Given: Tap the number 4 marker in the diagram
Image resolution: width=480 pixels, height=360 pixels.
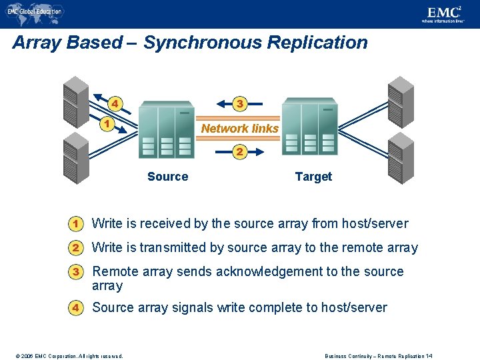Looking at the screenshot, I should coord(115,103).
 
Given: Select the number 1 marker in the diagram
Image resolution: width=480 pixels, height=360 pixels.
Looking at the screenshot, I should coord(105,123).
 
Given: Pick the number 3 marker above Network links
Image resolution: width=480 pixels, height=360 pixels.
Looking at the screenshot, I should coord(240,103).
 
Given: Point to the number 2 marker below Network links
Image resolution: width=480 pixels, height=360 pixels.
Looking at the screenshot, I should coord(239,152).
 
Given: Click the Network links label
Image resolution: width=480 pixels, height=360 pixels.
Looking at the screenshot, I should coord(239,129).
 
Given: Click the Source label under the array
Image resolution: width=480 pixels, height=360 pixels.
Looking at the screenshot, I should coord(167,177).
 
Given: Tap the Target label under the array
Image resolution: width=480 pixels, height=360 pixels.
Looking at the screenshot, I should coord(313,177).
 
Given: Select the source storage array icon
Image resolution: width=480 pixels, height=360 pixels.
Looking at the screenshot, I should coord(166,129).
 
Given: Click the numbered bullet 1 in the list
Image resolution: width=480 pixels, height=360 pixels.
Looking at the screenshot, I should coord(77,223).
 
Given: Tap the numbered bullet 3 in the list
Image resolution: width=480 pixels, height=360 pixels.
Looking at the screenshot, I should coord(77,272).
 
